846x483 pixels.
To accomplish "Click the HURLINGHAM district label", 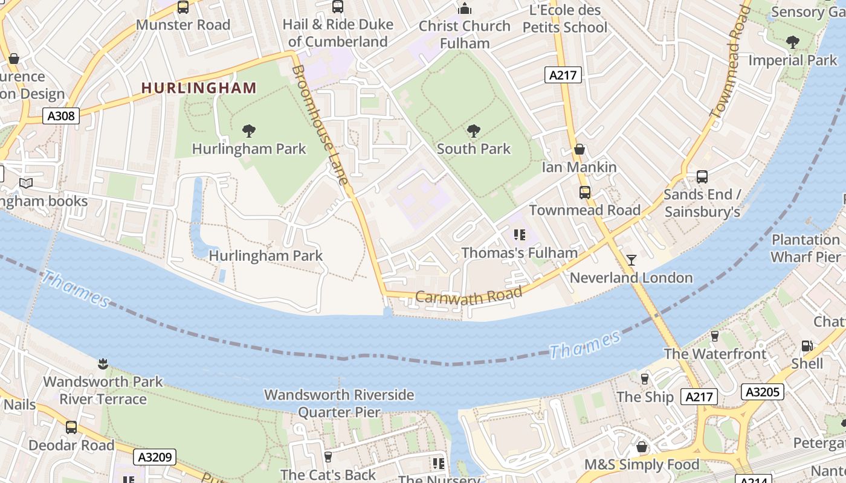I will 199,88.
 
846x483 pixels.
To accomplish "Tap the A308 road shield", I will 61,115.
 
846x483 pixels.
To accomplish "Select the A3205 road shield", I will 762,392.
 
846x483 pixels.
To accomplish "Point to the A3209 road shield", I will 154,457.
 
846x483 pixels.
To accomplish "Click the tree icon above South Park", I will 474,130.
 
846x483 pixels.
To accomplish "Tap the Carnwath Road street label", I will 468,295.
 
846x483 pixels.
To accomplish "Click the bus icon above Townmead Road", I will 585,193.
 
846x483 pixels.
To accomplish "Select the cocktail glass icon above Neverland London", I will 631,260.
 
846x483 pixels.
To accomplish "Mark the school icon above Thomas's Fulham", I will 519,235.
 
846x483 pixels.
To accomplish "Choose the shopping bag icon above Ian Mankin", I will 580,149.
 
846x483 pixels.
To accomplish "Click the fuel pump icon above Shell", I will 807,346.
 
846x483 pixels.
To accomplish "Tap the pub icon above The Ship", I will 645,379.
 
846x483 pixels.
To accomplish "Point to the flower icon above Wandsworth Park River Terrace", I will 103,363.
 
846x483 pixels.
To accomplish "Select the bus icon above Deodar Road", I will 71,427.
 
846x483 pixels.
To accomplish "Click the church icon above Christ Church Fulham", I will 464,8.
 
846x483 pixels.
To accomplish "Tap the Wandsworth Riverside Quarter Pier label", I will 339,403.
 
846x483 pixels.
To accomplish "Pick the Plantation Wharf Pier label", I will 806,248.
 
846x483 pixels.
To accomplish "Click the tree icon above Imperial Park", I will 792,42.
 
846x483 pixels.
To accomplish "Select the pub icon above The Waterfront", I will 715,336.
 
